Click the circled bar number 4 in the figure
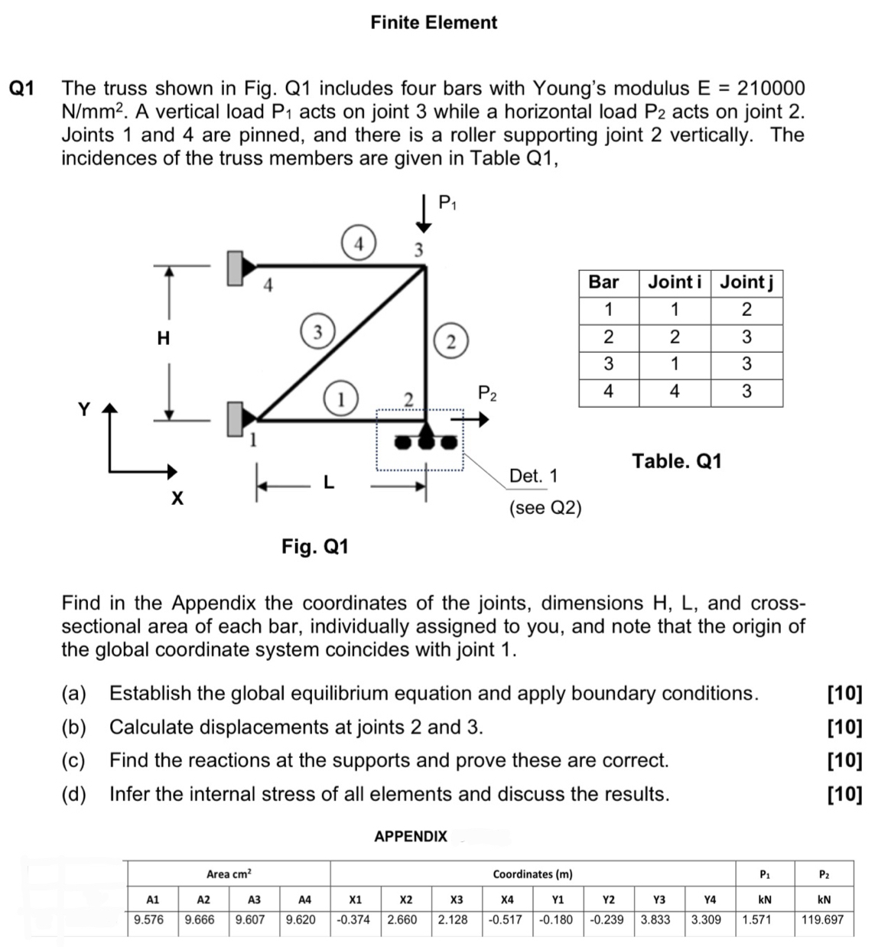358,242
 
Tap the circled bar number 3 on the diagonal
315,331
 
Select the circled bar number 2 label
451,341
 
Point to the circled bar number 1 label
340,399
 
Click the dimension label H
163,338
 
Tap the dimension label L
328,483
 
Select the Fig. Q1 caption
315,546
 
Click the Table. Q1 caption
676,461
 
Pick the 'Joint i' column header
675,282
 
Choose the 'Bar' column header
603,282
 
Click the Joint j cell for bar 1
747,310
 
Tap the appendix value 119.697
822,919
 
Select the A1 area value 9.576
149,919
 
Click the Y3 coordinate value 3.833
655,919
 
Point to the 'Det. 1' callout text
533,476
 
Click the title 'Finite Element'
434,22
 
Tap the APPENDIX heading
411,836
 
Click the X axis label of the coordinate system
177,499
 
